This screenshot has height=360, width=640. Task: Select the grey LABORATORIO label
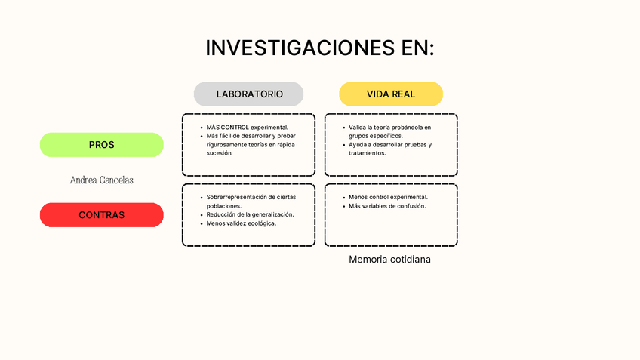(x=249, y=94)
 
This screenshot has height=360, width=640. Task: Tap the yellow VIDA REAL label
(x=391, y=94)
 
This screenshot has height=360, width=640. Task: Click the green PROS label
(x=101, y=145)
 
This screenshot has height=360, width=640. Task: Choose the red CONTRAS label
(x=101, y=215)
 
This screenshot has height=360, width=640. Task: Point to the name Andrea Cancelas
(x=101, y=180)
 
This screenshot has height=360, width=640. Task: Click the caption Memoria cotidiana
(x=389, y=259)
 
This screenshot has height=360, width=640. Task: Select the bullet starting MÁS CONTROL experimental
(x=247, y=128)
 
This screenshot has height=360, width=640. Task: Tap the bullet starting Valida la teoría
(x=389, y=131)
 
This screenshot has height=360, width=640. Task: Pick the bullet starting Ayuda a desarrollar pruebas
(x=389, y=149)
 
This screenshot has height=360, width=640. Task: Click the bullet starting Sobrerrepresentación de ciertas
(x=251, y=201)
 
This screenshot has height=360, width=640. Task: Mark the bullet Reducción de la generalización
(x=250, y=214)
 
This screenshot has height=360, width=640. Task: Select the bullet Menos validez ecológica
(x=242, y=223)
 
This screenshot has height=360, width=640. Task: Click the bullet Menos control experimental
(x=388, y=197)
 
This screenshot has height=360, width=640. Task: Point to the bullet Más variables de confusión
(x=387, y=206)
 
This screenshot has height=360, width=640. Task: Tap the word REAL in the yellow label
(x=403, y=94)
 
